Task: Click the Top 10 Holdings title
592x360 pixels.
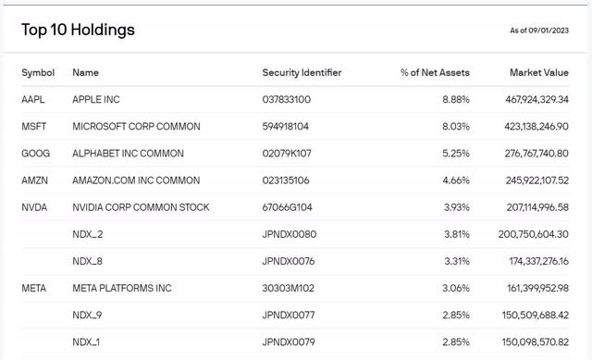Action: click(79, 30)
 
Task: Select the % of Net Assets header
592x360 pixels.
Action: click(436, 72)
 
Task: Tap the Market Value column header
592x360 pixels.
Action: click(538, 72)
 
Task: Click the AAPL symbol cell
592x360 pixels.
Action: click(33, 99)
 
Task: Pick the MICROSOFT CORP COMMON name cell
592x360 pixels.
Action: click(136, 127)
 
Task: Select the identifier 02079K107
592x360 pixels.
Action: click(288, 154)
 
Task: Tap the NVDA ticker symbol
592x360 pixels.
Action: click(34, 207)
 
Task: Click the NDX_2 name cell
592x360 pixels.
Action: click(87, 235)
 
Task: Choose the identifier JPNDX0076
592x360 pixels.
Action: click(290, 262)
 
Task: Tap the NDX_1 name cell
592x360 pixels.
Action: click(87, 343)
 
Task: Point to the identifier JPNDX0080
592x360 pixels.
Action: click(290, 235)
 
